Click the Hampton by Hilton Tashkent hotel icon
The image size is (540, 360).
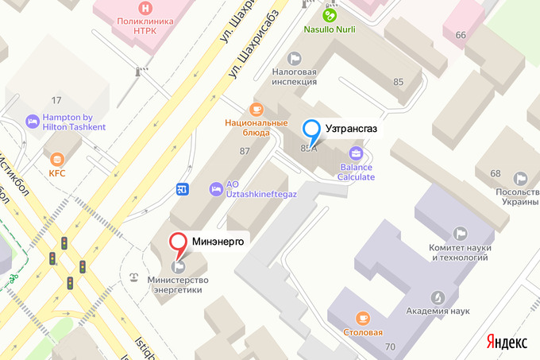click(33, 121)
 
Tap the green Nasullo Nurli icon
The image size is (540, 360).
click(329, 14)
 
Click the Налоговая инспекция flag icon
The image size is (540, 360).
click(295, 57)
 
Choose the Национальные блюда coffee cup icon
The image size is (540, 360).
click(255, 109)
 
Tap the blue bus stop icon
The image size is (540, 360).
click(183, 188)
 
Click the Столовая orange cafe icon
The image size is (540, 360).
click(363, 318)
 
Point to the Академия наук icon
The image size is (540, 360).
click(436, 296)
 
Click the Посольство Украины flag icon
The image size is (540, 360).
click(520, 177)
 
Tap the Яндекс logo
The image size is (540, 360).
click(507, 342)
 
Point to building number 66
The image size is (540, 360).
click(461, 35)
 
